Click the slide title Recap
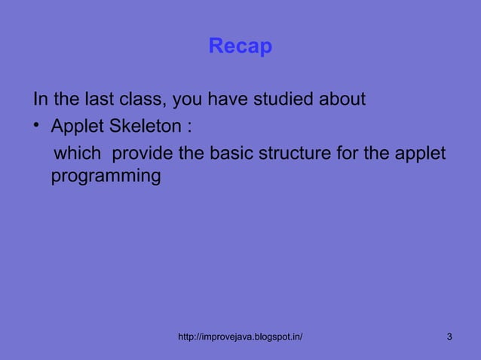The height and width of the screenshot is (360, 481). click(x=240, y=47)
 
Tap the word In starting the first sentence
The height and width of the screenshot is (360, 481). click(x=39, y=99)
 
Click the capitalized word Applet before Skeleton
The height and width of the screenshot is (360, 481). click(x=77, y=125)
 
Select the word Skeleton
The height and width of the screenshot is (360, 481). click(x=145, y=125)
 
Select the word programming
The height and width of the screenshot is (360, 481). click(x=106, y=178)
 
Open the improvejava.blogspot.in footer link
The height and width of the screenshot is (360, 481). click(x=240, y=336)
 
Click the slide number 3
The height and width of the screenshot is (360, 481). click(x=449, y=336)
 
